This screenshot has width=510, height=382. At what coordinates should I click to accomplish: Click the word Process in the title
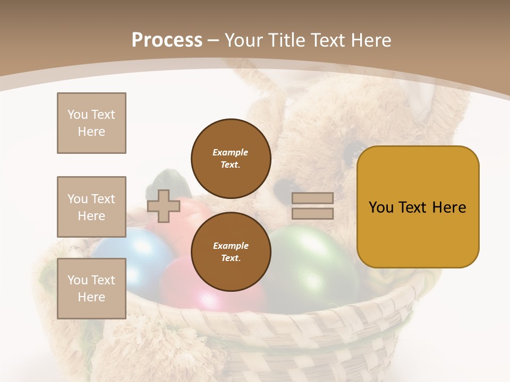(x=167, y=40)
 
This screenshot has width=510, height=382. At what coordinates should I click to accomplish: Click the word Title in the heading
(x=287, y=40)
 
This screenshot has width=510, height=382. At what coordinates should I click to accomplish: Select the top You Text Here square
(x=91, y=123)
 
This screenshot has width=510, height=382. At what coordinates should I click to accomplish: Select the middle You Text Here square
(x=91, y=207)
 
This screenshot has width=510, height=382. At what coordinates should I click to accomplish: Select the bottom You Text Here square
(x=91, y=289)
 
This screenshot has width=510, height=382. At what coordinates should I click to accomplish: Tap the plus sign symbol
(x=163, y=206)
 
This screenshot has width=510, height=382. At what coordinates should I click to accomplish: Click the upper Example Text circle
(x=231, y=159)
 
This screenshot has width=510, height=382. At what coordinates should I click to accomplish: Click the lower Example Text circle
(x=231, y=252)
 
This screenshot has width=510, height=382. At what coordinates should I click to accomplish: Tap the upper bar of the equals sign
(x=312, y=198)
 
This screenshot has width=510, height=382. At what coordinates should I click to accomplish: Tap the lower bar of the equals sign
(x=312, y=213)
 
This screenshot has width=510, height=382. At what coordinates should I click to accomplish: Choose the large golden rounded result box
(x=418, y=207)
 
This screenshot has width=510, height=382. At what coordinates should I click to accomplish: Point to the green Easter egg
(x=313, y=260)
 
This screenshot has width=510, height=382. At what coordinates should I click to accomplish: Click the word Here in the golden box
(x=449, y=207)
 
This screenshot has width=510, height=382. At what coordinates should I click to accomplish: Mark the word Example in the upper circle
(x=231, y=152)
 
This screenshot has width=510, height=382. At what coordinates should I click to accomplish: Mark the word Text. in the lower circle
(x=231, y=258)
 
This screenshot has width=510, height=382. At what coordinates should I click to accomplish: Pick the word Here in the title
(x=369, y=40)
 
